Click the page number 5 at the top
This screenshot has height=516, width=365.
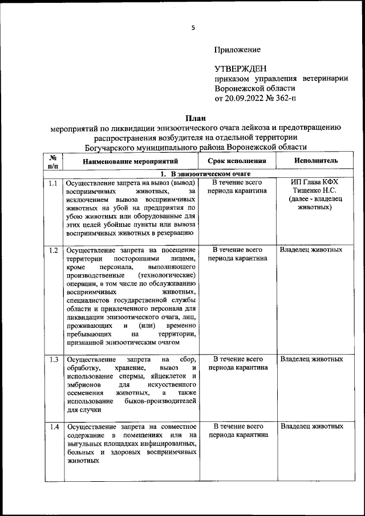point(193,27)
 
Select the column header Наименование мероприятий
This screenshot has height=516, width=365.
point(131,162)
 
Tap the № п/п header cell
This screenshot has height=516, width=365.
point(53,161)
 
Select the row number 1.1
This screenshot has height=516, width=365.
point(53,184)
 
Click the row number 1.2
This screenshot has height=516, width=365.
point(53,250)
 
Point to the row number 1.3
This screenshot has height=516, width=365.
point(53,360)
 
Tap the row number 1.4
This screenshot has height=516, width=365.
point(53,426)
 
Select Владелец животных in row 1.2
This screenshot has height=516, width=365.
point(311,250)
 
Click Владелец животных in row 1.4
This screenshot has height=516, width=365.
point(311,426)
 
